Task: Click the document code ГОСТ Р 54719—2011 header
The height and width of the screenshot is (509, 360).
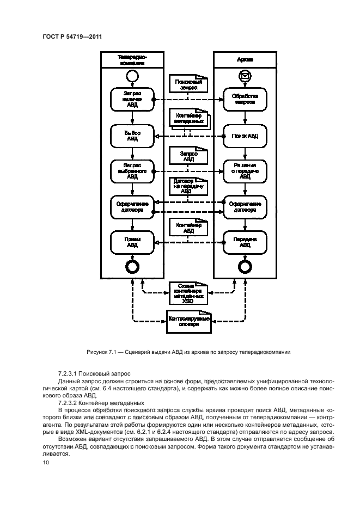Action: [72, 37]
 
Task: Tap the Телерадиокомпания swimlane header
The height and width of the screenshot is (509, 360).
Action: [132, 59]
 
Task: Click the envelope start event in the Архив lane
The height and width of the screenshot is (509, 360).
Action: [245, 77]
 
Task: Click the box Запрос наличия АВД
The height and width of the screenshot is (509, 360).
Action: [132, 100]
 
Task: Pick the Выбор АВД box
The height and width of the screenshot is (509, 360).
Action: [132, 136]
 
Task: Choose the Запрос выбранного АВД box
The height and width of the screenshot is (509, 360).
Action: [132, 170]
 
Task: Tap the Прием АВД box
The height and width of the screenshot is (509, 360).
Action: [132, 242]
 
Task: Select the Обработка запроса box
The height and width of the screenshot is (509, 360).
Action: [245, 100]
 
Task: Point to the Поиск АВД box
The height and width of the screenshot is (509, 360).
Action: [245, 136]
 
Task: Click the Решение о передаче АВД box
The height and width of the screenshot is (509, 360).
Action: [245, 170]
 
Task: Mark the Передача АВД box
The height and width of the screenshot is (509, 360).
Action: [245, 242]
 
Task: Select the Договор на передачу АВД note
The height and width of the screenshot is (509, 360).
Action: [187, 186]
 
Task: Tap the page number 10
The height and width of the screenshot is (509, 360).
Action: [45, 462]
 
